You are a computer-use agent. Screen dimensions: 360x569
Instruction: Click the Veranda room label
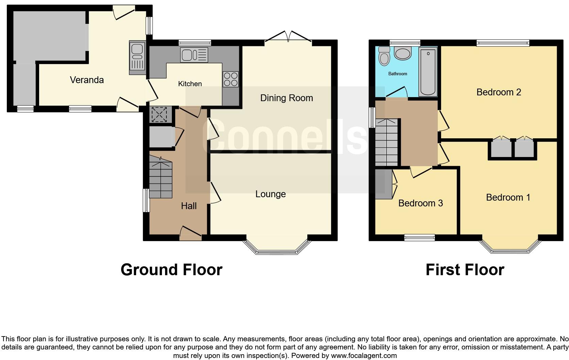(x=87, y=80)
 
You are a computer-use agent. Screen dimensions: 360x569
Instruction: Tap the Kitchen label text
(x=190, y=84)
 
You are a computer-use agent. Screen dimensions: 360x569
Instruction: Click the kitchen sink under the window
(x=194, y=55)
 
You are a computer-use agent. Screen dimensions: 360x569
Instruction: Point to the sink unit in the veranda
(x=137, y=58)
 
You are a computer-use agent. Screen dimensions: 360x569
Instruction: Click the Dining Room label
(x=286, y=98)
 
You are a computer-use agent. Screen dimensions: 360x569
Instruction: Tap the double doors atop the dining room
(x=288, y=36)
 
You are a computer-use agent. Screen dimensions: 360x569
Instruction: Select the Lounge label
(x=271, y=194)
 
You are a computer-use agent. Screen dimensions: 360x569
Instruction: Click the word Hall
(x=189, y=206)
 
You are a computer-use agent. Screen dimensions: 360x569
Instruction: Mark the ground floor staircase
(x=161, y=178)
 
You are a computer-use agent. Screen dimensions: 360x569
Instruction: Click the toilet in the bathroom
(x=385, y=56)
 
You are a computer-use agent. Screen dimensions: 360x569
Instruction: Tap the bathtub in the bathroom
(x=428, y=72)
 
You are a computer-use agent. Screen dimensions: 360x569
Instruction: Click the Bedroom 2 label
(x=499, y=92)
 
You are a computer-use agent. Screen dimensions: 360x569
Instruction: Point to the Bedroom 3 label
(x=420, y=203)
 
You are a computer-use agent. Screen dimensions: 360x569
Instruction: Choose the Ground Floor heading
(x=171, y=270)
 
